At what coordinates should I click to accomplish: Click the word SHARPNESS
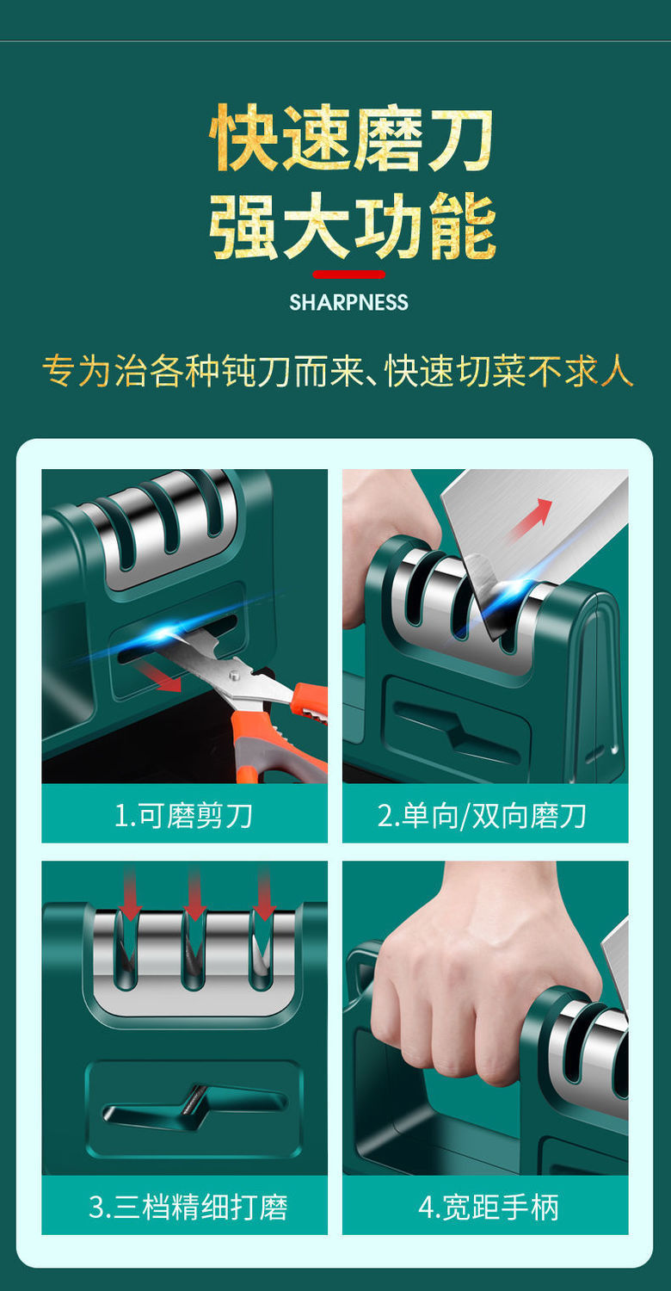click(348, 303)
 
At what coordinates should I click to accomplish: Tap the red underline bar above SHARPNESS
click(349, 275)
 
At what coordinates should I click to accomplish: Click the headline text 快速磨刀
click(351, 139)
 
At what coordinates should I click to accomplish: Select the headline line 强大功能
click(352, 226)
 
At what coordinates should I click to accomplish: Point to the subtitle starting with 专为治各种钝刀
click(338, 371)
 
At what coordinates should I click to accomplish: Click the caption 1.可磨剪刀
click(184, 816)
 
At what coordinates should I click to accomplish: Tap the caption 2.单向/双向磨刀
click(482, 816)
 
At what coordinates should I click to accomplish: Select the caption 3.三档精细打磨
click(188, 1207)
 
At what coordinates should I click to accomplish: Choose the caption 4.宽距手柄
click(489, 1207)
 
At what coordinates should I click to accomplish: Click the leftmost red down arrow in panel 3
click(130, 894)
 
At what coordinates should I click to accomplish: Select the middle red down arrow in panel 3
click(194, 894)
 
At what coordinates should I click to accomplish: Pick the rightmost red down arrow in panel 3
click(264, 894)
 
